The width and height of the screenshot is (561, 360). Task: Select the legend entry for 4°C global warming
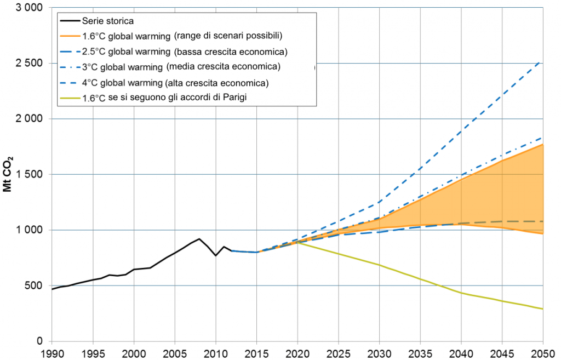point(175,83)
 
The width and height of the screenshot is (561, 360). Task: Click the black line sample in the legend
point(69,21)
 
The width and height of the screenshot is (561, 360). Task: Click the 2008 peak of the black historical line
point(199,239)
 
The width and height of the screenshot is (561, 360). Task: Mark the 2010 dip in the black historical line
point(216,255)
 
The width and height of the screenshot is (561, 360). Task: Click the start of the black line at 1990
point(52,289)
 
